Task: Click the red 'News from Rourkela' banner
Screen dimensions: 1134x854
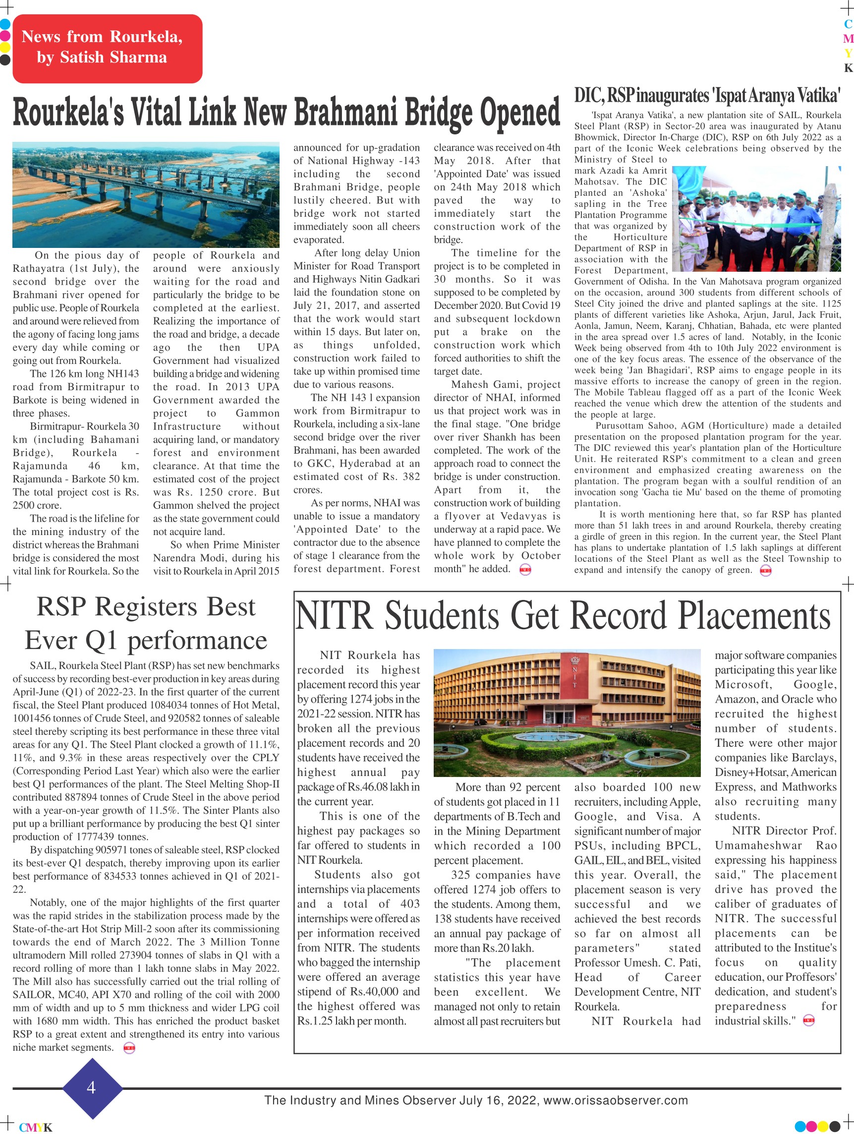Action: (x=107, y=48)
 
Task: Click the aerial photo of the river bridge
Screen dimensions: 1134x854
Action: (x=146, y=195)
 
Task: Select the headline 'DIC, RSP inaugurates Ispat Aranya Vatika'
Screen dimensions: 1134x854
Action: (x=707, y=95)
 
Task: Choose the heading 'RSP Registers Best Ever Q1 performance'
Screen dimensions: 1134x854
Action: (x=146, y=623)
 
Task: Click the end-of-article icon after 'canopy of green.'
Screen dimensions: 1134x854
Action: (x=765, y=571)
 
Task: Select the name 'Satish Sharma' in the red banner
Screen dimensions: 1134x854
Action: (x=114, y=58)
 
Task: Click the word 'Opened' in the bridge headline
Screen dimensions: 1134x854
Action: (x=519, y=113)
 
